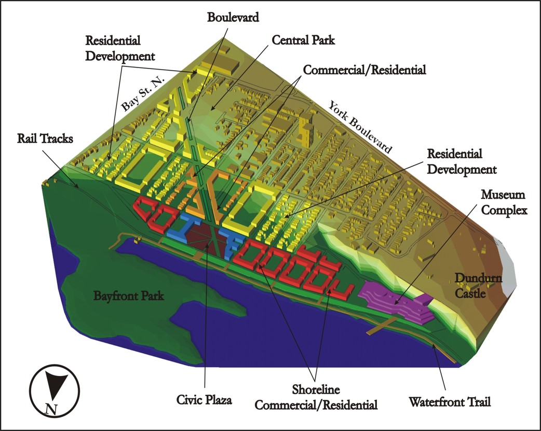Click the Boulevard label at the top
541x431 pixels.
point(233,17)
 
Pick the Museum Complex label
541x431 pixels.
point(503,202)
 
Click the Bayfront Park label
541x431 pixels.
point(129,297)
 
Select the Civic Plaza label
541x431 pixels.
point(204,400)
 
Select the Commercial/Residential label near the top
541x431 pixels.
point(364,69)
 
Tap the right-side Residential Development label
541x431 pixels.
point(462,161)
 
